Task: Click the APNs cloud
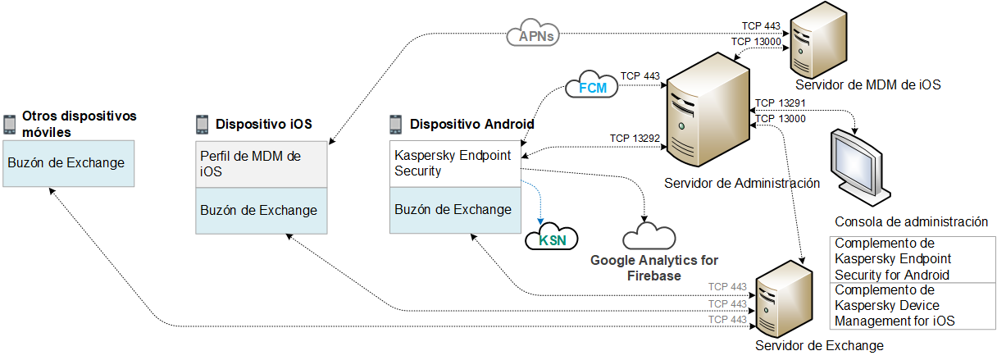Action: [534, 35]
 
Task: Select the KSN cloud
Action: [551, 239]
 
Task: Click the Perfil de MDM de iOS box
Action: [261, 166]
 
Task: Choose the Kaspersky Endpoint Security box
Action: [454, 163]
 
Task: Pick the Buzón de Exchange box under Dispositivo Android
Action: [454, 209]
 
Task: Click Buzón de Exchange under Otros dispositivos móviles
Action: [66, 162]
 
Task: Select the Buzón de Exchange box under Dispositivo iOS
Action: [261, 210]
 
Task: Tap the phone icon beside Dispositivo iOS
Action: [203, 125]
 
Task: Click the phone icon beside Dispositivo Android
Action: [395, 125]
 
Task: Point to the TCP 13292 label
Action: [635, 138]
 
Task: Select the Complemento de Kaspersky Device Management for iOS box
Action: [913, 306]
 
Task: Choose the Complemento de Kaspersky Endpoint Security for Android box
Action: [913, 260]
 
